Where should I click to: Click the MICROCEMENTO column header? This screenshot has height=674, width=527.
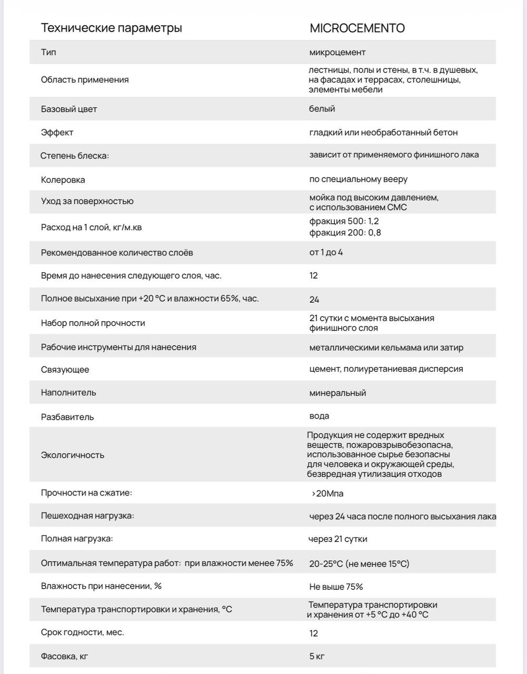click(x=357, y=28)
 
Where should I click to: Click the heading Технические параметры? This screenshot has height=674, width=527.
click(x=112, y=28)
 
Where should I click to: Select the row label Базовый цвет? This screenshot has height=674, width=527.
click(x=69, y=109)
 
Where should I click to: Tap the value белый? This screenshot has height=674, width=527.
click(x=322, y=109)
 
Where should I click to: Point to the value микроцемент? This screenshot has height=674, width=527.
click(x=337, y=52)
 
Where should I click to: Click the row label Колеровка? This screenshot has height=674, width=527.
click(x=63, y=180)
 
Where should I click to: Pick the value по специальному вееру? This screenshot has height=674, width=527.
click(x=358, y=179)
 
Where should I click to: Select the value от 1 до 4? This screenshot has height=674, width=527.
click(x=326, y=252)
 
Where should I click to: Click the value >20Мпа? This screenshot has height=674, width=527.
click(x=327, y=493)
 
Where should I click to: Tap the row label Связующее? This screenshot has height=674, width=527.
click(x=65, y=370)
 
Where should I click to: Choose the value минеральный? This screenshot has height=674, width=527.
click(x=337, y=393)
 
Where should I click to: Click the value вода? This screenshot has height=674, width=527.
click(x=319, y=416)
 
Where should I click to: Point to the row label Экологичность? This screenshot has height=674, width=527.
click(x=73, y=455)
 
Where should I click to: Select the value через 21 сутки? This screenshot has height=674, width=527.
click(x=337, y=539)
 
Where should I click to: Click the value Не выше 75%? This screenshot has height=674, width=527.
click(x=336, y=587)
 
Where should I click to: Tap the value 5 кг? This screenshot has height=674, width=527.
click(x=317, y=656)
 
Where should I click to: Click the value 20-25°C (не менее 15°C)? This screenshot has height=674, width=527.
click(x=359, y=563)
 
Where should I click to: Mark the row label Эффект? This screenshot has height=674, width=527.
click(x=57, y=132)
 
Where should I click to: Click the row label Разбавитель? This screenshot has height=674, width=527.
click(x=67, y=417)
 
